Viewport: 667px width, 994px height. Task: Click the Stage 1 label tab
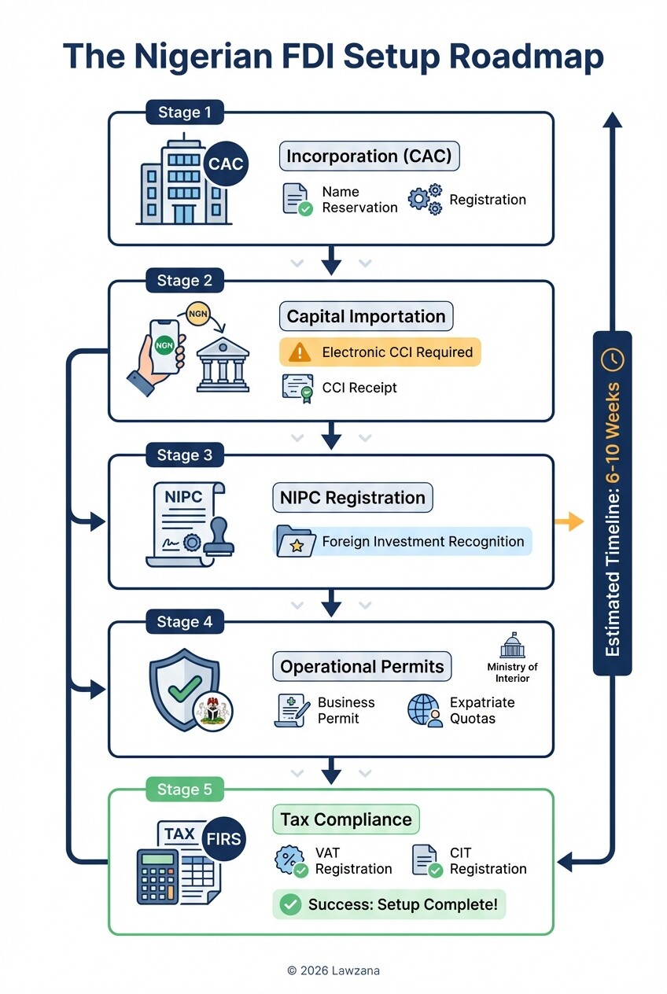pos(184,112)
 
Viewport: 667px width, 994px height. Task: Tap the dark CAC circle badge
pos(226,164)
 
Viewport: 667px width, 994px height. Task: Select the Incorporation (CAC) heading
pos(369,156)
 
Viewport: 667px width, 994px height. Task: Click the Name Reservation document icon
pos(297,200)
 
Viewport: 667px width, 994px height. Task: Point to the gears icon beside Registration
pos(425,200)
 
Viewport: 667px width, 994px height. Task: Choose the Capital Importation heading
pos(366,316)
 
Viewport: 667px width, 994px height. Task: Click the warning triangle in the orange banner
pos(300,352)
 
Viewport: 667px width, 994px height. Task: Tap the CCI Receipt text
pos(359,388)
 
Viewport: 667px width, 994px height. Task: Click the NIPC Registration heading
pos(352,498)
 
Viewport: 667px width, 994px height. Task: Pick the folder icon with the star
pos(296,542)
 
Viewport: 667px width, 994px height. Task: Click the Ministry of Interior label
pos(512,672)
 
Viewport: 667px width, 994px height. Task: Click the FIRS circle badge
pos(223,839)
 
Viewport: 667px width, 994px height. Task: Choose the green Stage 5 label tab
pos(184,790)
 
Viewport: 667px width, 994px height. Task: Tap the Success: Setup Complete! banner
pos(389,904)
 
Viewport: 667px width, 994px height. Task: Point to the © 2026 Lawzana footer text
pos(333,970)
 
